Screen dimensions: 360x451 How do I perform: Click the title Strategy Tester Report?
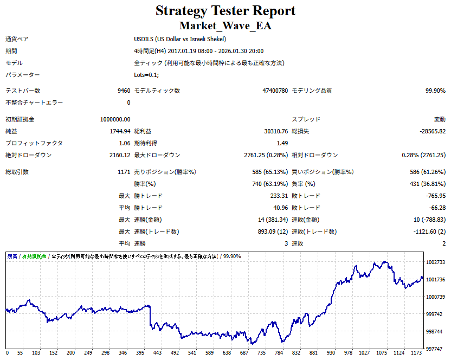click(225, 11)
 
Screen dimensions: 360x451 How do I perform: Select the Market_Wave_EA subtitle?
click(225, 25)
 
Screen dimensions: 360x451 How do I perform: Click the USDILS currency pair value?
click(180, 39)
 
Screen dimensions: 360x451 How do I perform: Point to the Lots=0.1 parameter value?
click(146, 75)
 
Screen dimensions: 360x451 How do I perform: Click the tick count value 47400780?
click(275, 91)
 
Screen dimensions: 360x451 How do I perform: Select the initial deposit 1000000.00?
click(115, 119)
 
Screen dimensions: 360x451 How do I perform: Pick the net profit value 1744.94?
click(120, 131)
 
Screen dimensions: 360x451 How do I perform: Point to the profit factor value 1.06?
click(124, 143)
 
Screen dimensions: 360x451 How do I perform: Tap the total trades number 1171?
click(123, 172)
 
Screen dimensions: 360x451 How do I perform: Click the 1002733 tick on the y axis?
click(435, 262)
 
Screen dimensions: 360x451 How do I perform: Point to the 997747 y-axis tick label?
click(435, 349)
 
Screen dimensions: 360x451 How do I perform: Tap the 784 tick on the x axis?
click(280, 353)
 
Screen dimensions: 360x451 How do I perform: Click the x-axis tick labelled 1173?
click(416, 353)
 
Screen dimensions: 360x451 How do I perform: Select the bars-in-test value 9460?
click(124, 91)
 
